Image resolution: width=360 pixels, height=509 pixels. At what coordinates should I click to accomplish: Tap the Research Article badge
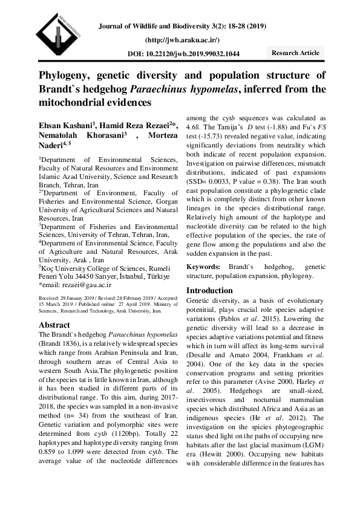295,53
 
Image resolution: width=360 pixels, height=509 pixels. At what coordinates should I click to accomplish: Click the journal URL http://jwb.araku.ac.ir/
182,40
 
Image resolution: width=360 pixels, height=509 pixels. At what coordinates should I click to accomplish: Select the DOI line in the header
183,54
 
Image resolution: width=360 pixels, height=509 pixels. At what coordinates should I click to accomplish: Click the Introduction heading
209,290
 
